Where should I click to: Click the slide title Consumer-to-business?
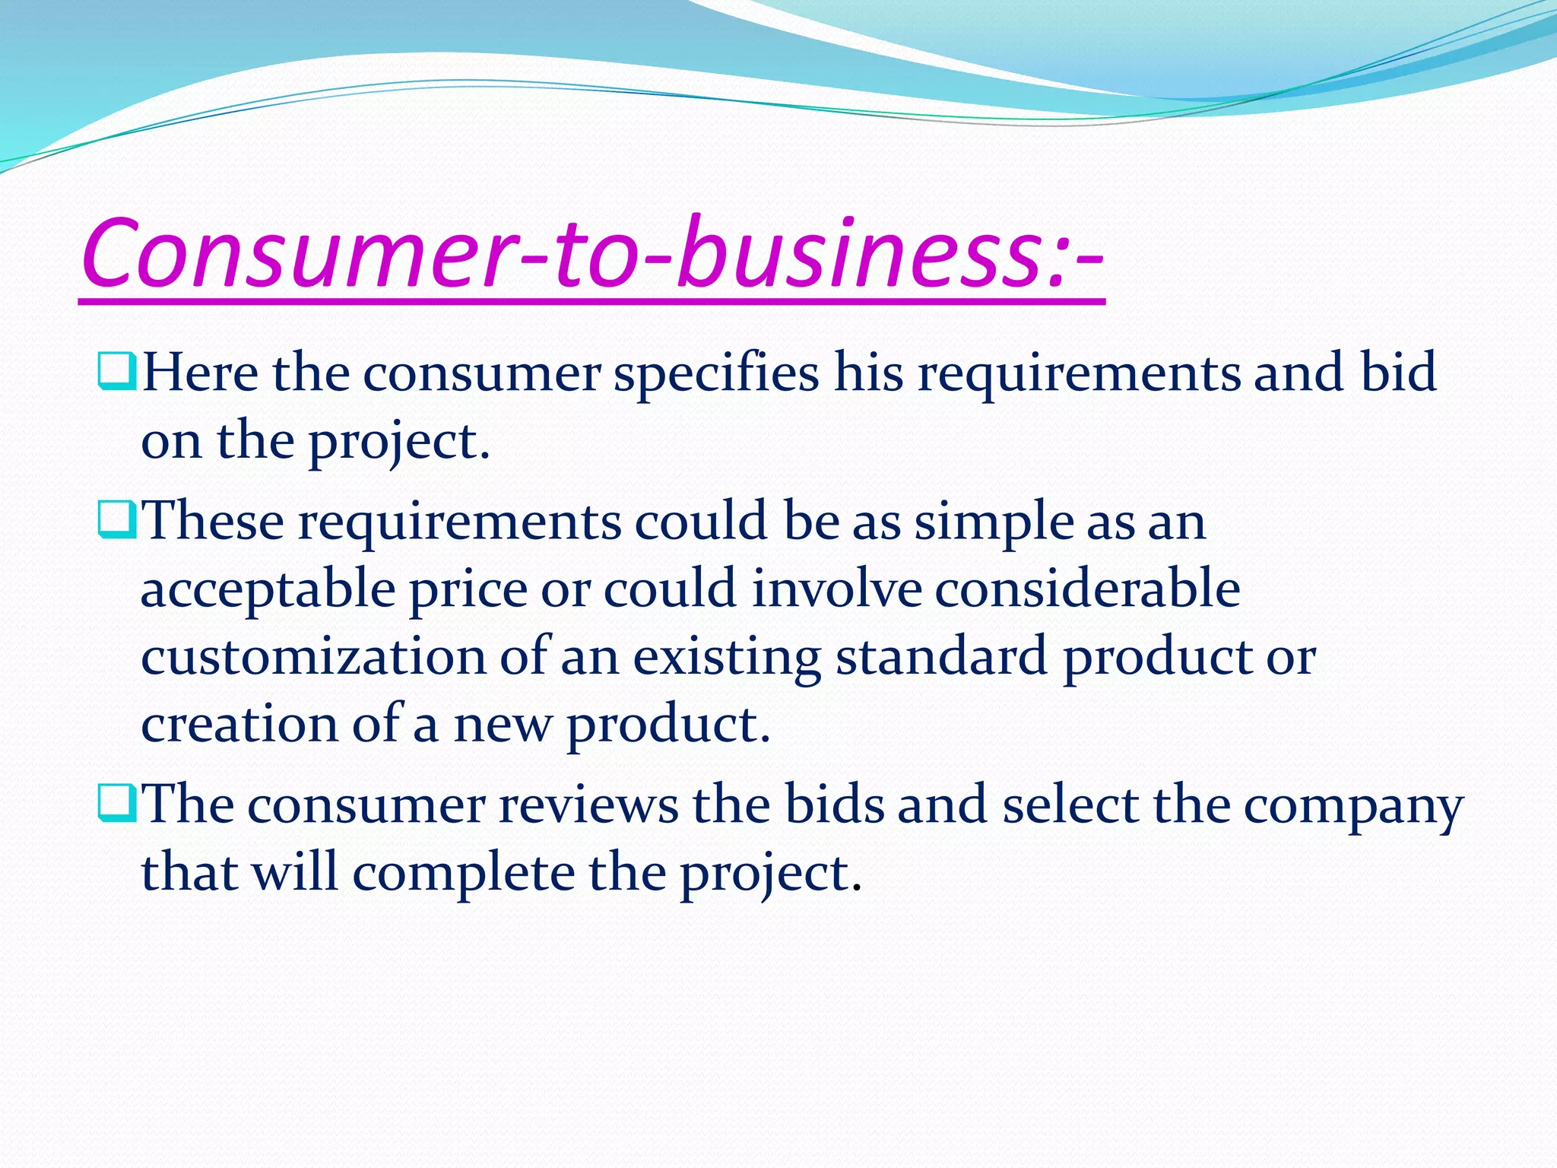click(x=591, y=255)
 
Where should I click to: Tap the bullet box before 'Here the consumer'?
click(x=116, y=371)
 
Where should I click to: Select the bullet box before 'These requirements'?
click(x=116, y=520)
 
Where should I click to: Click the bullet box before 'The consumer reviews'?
click(x=116, y=804)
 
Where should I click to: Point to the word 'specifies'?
click(x=716, y=374)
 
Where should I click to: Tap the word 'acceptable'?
click(x=268, y=591)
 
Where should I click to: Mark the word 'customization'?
click(x=313, y=657)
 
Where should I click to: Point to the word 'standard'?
click(x=941, y=657)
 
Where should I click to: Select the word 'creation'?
click(x=239, y=724)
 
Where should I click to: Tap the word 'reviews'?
click(x=588, y=806)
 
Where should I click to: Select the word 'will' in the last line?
click(x=295, y=872)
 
